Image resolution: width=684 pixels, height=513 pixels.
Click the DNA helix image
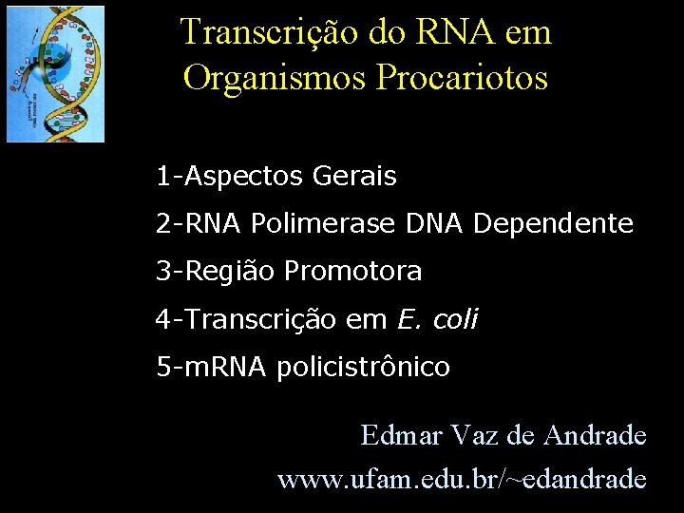[55, 73]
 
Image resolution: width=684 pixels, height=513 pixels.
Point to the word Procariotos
[463, 77]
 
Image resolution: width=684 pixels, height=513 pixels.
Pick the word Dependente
[553, 224]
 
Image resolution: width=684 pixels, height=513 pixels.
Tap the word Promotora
[353, 273]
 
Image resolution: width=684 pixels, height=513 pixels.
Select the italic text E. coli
[437, 320]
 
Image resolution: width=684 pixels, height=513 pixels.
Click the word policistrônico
[364, 368]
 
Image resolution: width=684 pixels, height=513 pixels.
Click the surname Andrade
[596, 436]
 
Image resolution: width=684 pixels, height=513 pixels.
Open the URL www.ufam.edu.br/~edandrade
[462, 479]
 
